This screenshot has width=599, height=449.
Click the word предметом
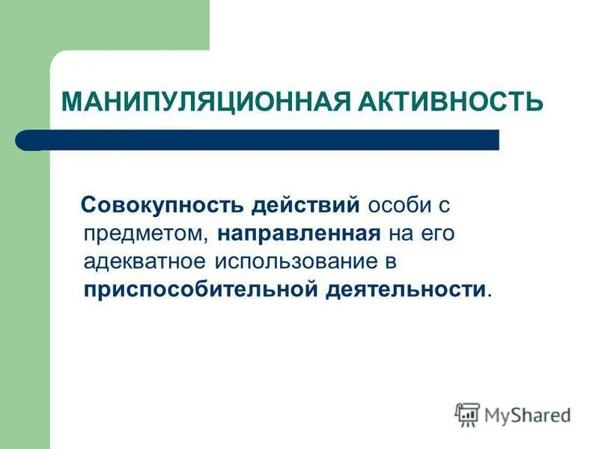[146, 233]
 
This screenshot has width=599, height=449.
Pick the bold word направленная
[299, 233]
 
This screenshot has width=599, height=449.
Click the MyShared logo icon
[467, 414]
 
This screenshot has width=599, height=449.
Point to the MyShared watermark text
[527, 415]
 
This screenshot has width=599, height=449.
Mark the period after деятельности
[490, 294]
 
